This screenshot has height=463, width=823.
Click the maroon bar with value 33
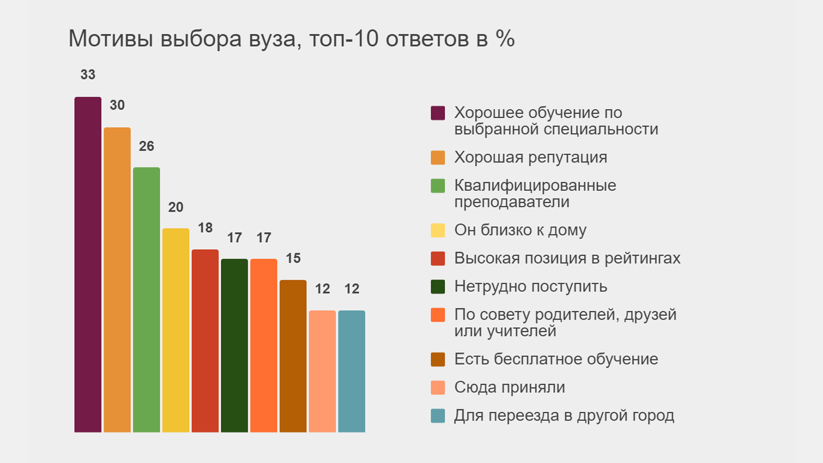88,265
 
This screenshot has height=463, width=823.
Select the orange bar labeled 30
117,280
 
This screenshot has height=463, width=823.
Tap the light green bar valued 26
146,299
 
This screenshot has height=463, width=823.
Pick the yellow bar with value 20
176,330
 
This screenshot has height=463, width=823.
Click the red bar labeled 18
205,341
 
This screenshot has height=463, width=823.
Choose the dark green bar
234,345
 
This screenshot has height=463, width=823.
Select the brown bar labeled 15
293,356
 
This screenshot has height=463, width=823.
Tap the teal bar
352,371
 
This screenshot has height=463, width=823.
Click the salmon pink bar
322,371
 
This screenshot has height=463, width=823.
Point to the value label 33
88,75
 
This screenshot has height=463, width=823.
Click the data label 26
146,146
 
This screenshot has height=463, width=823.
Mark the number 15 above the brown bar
293,259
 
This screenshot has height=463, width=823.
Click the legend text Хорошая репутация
531,157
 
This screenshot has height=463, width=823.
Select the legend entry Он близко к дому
520,230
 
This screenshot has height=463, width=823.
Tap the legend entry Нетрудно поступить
531,287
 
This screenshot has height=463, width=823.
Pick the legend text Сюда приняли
509,387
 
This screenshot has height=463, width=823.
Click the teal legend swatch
438,416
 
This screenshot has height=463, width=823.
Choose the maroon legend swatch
438,113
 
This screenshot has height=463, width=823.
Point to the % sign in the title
504,38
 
